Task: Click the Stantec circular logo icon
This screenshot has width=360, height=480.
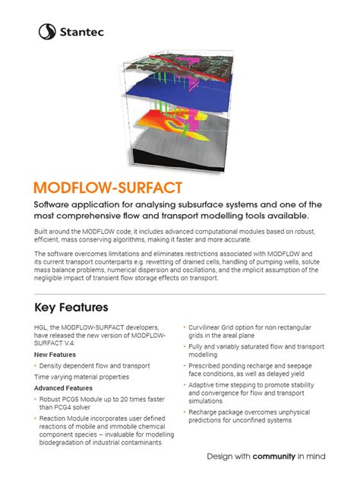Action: coord(47,31)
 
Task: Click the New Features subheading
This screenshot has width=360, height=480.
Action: coord(55,355)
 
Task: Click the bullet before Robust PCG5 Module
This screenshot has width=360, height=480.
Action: coord(36,399)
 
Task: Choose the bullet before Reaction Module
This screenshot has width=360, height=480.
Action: coord(36,418)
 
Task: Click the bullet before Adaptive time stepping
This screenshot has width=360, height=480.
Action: coord(185,385)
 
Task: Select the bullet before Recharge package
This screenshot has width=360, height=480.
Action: coord(185,413)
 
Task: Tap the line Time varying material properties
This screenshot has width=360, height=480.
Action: coord(81,377)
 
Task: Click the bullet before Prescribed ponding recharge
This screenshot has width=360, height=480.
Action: coord(185,366)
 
